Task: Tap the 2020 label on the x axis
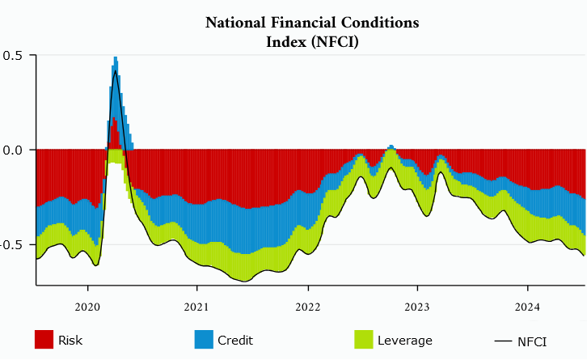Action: coord(87,307)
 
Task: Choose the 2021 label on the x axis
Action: coord(197,307)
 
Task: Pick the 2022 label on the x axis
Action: coord(307,307)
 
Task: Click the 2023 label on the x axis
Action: coord(417,307)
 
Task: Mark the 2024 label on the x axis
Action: coord(527,307)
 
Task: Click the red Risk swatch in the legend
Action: coord(44,341)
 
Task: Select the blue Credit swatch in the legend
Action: coord(204,341)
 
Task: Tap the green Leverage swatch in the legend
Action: coord(364,341)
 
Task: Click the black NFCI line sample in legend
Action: coord(504,341)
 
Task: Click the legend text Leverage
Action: coord(405,341)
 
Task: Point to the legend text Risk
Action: coord(70,341)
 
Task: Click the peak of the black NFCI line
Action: coord(116,71)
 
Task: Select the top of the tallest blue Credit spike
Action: coord(116,57)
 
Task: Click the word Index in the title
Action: coord(284,42)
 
